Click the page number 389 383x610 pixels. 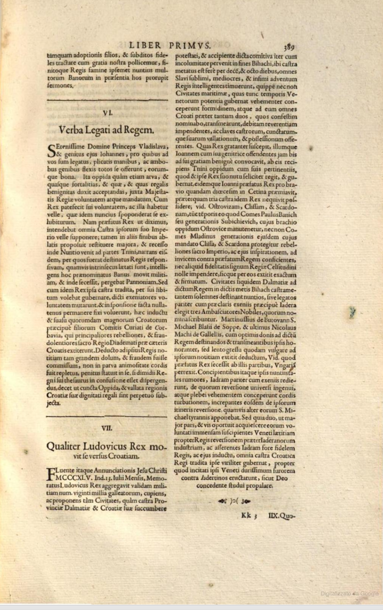point(289,47)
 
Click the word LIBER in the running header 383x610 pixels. point(145,45)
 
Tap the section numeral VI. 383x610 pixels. point(107,113)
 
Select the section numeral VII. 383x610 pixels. point(107,428)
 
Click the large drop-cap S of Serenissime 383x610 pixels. point(51,150)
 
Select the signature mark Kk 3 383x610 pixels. point(249,516)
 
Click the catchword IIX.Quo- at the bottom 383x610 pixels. point(282,516)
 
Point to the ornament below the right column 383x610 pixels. point(235,501)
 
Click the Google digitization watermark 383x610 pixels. point(349,593)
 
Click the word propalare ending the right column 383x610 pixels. point(257,485)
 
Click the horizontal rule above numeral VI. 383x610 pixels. point(107,100)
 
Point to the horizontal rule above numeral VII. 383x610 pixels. point(107,416)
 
